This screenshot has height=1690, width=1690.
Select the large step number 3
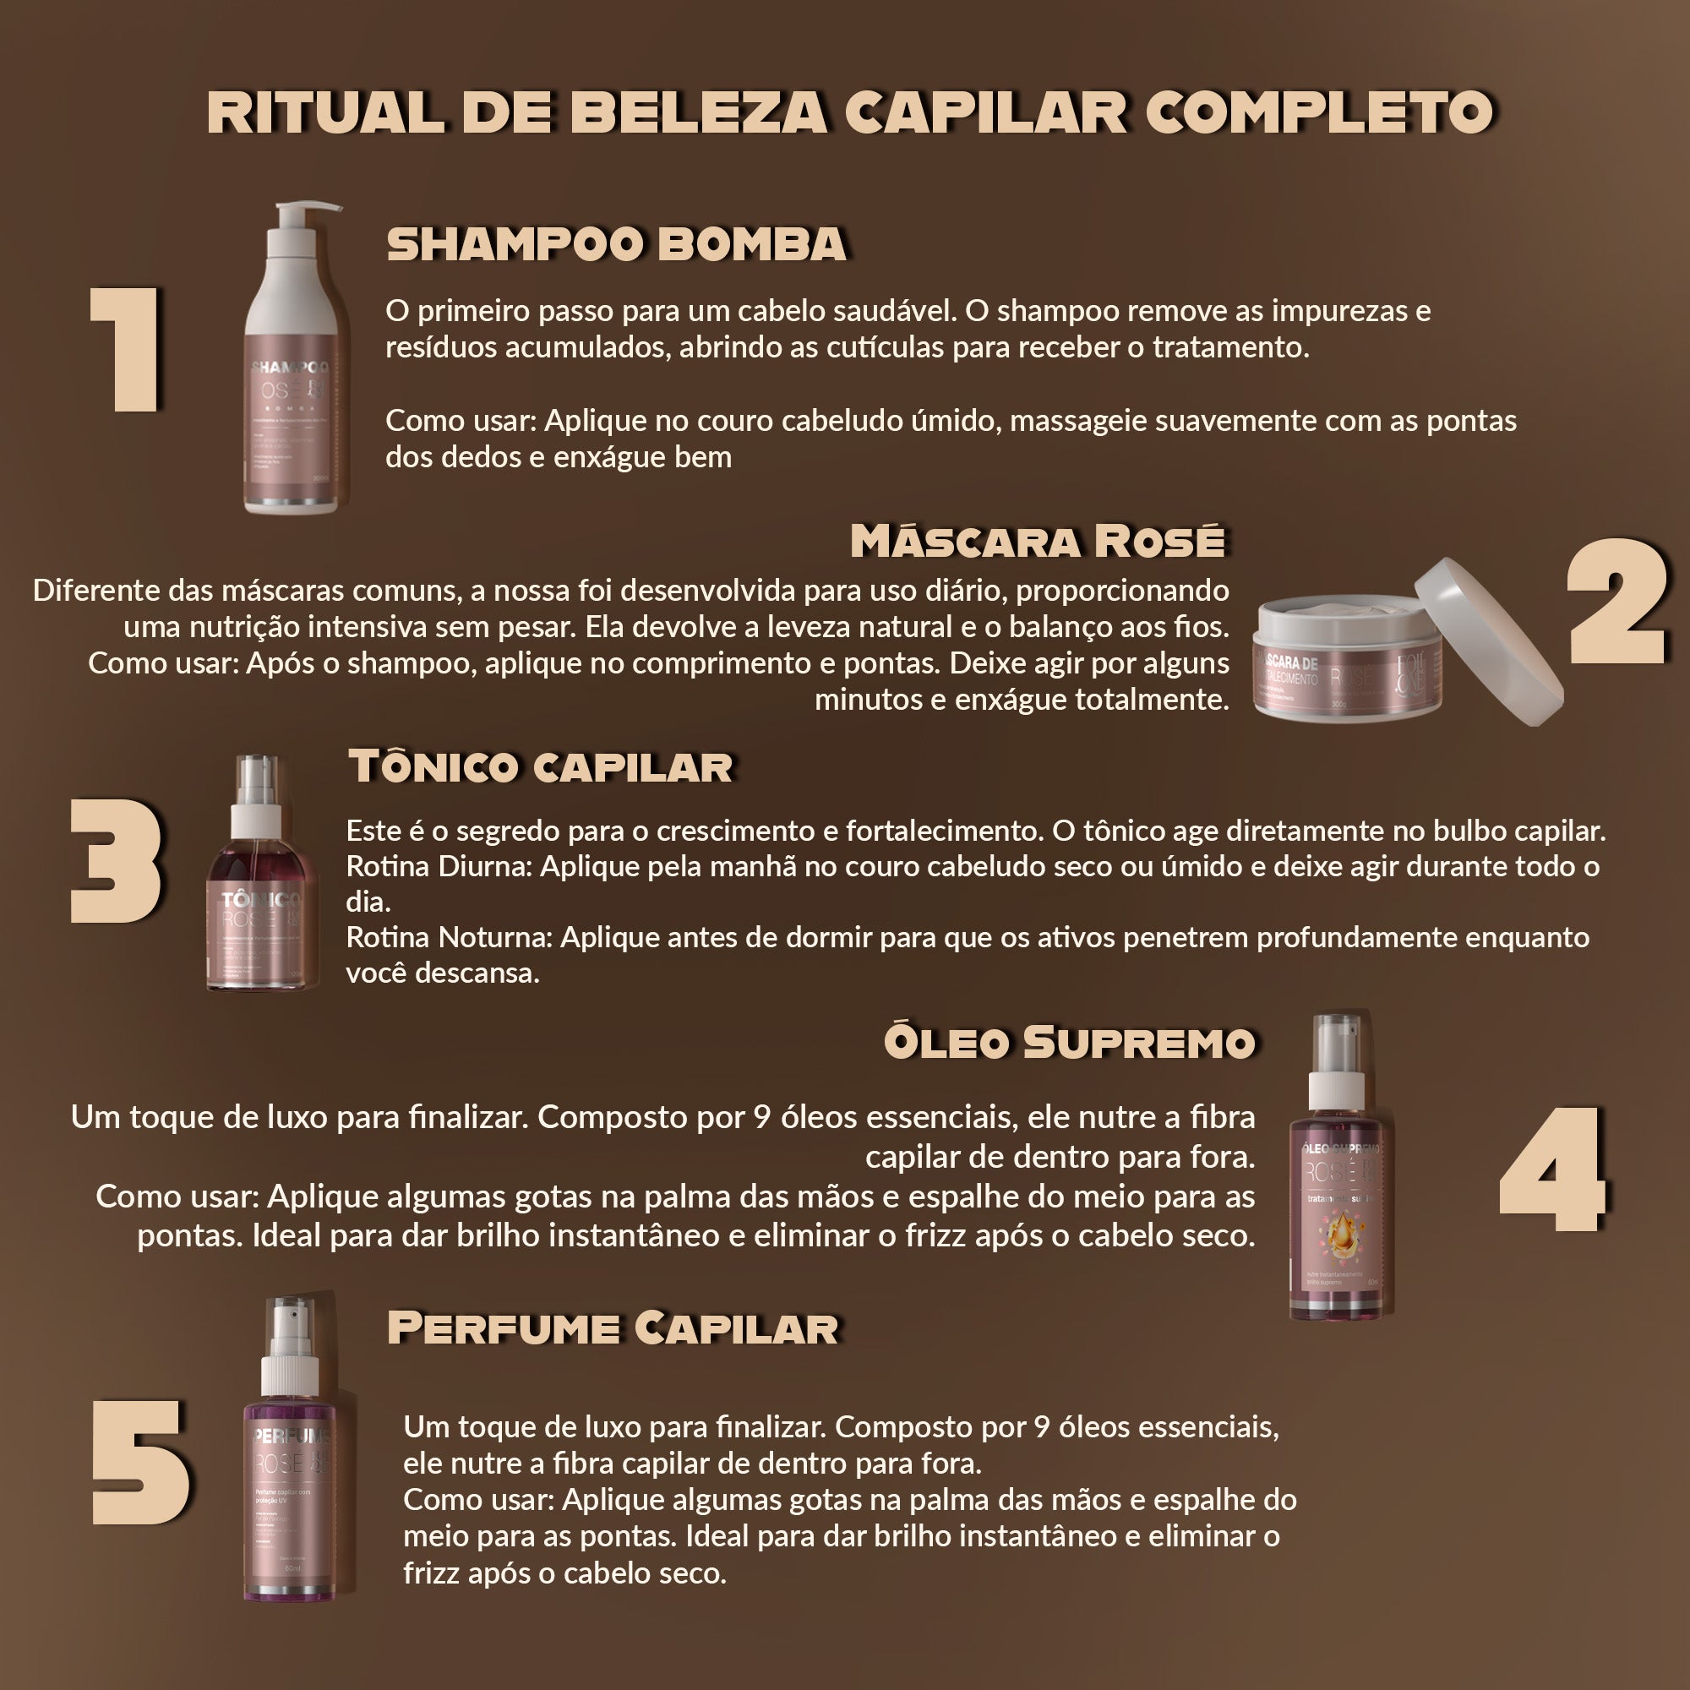(117, 862)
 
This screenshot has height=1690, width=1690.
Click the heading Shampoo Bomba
(617, 244)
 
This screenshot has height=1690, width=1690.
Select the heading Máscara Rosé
(1038, 542)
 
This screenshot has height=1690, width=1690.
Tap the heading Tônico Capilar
(541, 766)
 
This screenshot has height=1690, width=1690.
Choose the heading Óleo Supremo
(1069, 1042)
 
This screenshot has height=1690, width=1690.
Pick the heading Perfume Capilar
(613, 1327)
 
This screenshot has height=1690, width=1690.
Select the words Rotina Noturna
(449, 938)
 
